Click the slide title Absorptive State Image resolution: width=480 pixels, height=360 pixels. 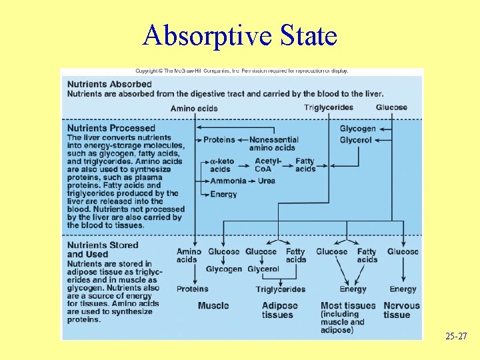[239, 35]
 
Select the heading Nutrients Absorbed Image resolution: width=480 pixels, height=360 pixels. [109, 84]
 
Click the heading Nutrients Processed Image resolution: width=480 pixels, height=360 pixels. [111, 128]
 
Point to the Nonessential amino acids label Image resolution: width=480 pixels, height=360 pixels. [273, 144]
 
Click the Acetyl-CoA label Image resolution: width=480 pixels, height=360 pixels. [269, 165]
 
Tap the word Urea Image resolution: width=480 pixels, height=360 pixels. [266, 181]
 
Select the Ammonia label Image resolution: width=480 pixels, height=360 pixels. [228, 181]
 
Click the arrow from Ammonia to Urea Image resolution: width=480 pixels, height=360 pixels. [253, 181]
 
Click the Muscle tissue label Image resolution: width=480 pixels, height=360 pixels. [213, 306]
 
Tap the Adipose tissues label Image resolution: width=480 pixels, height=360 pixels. [277, 310]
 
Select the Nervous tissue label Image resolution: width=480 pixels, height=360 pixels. [402, 310]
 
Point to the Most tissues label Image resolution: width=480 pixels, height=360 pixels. [348, 306]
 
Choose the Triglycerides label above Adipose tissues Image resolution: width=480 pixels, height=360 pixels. [281, 289]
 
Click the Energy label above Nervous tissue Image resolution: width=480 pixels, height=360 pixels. [403, 289]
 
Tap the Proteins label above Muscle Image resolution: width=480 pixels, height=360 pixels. [193, 289]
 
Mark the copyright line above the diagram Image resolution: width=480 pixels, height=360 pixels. [242, 71]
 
